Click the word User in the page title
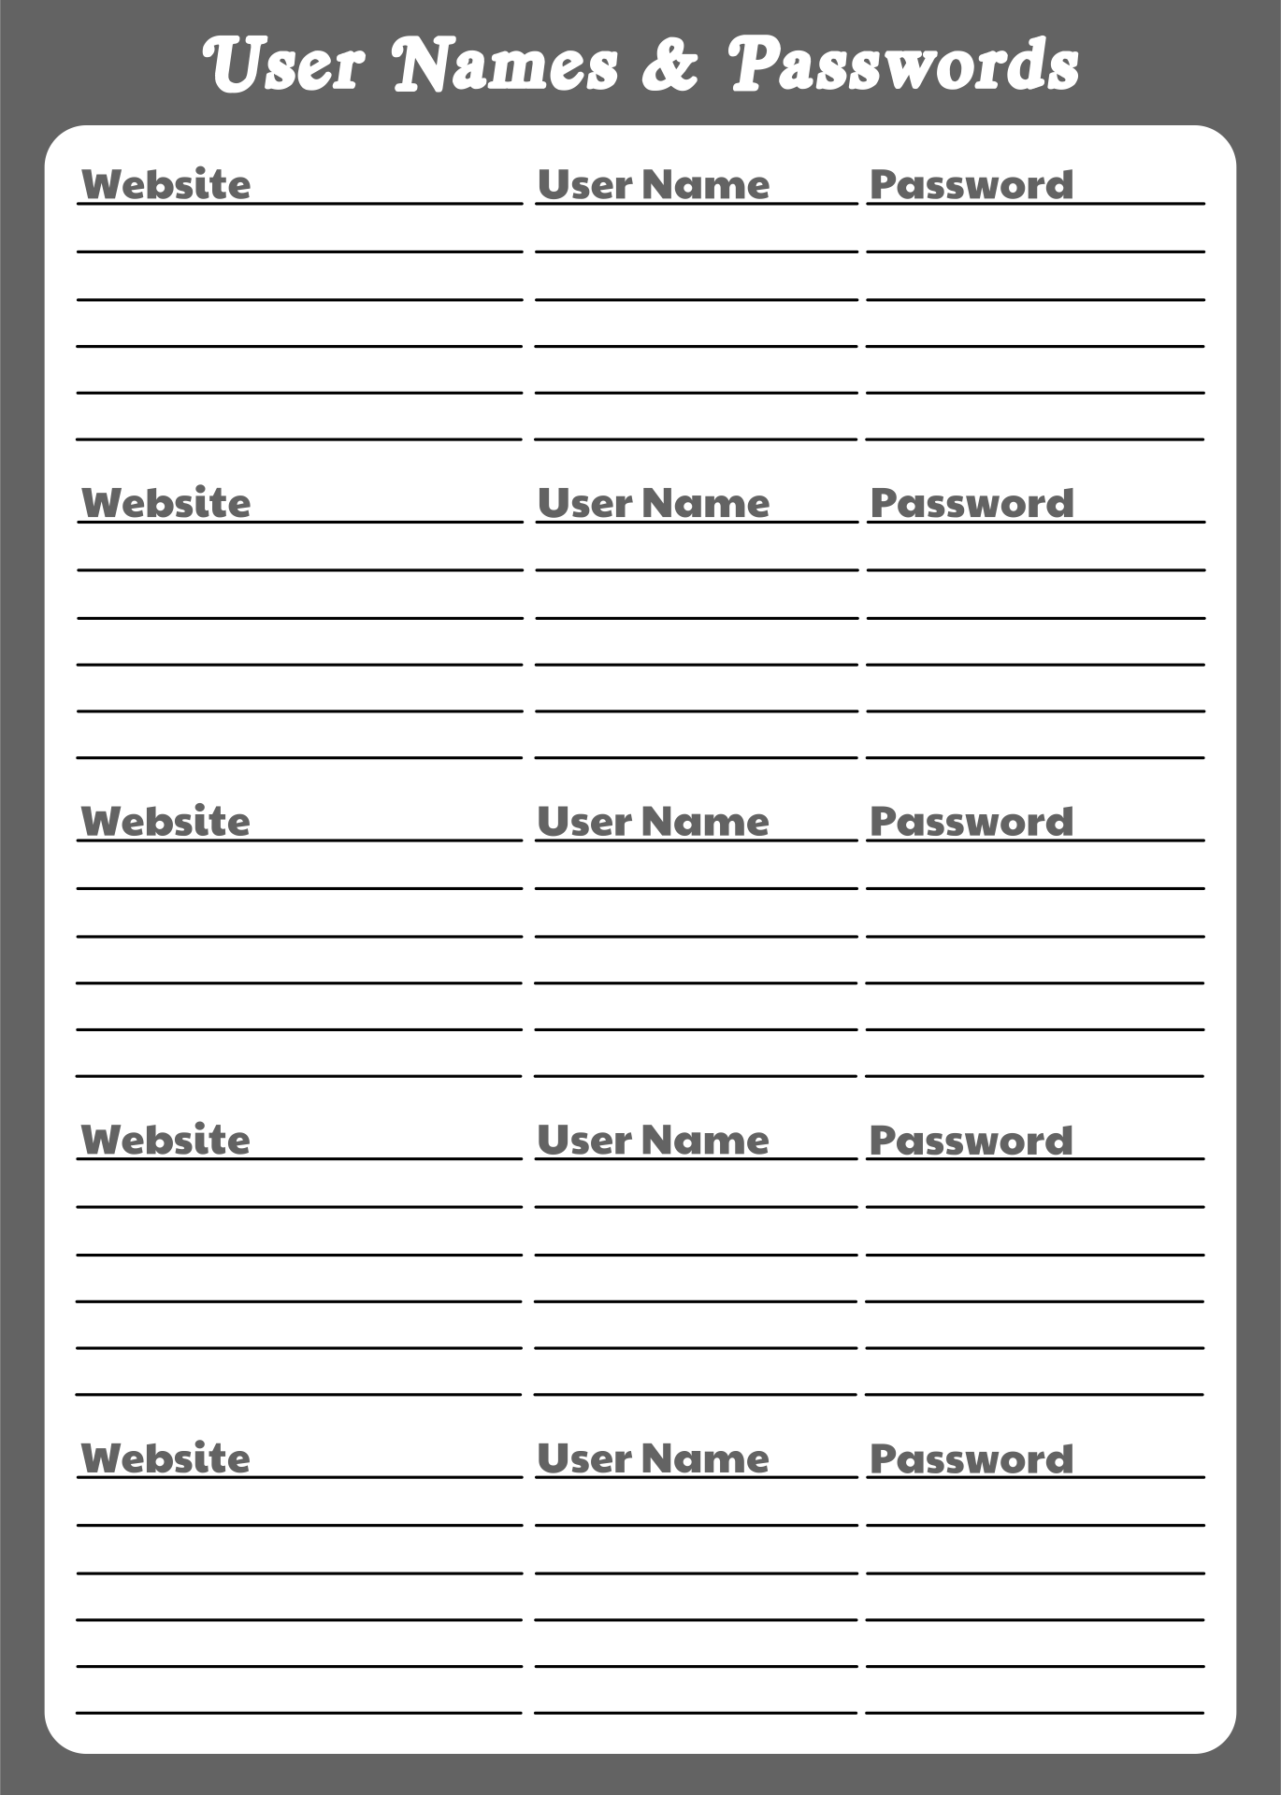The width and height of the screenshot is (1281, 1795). pyautogui.click(x=283, y=65)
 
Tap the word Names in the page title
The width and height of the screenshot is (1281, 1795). pyautogui.click(x=506, y=65)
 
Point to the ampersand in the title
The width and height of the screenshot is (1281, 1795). pyautogui.click(x=670, y=65)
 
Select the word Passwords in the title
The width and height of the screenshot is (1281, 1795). pyautogui.click(x=903, y=65)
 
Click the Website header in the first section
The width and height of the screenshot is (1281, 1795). pyautogui.click(x=166, y=184)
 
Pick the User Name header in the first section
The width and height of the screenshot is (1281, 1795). pyautogui.click(x=654, y=184)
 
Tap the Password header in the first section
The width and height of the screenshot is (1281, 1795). pyautogui.click(x=972, y=184)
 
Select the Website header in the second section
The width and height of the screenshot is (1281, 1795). pyautogui.click(x=166, y=503)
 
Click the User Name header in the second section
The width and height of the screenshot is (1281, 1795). pyautogui.click(x=654, y=503)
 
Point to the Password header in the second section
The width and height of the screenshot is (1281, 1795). pyautogui.click(x=972, y=503)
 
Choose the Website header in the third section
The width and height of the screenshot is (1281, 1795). pyautogui.click(x=166, y=822)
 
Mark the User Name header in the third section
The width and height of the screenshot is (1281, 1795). pyautogui.click(x=654, y=822)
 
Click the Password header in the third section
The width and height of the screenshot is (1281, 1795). pyautogui.click(x=972, y=822)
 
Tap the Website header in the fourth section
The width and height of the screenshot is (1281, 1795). pyautogui.click(x=166, y=1140)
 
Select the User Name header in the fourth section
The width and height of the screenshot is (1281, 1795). pyautogui.click(x=654, y=1140)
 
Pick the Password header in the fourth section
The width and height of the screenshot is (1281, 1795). pyautogui.click(x=972, y=1140)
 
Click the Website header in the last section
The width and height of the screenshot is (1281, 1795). pyautogui.click(x=166, y=1458)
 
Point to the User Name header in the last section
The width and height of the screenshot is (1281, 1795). pyautogui.click(x=654, y=1458)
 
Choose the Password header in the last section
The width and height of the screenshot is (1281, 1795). pyautogui.click(x=972, y=1458)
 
